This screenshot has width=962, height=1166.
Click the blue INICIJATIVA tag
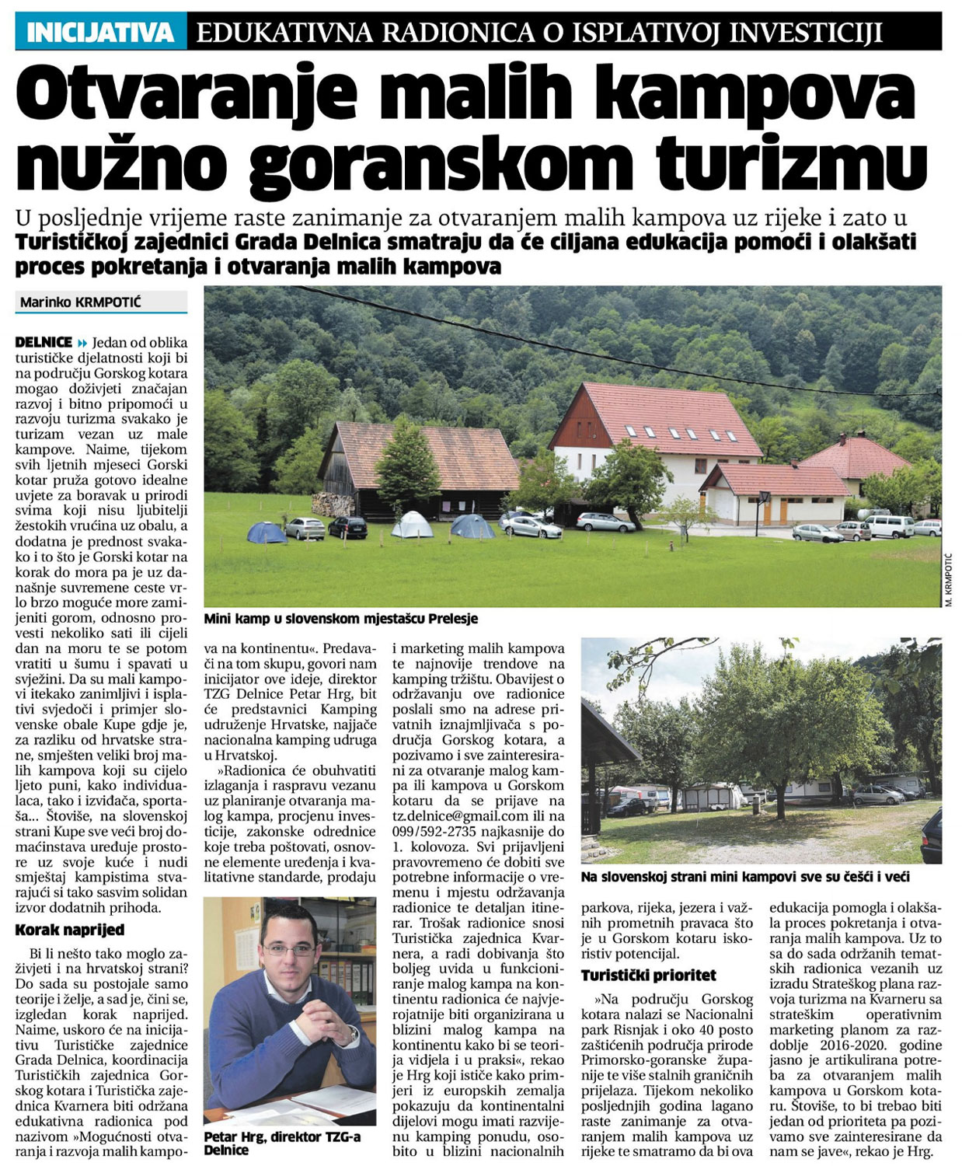pyautogui.click(x=100, y=33)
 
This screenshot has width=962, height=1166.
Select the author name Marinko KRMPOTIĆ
pyautogui.click(x=81, y=302)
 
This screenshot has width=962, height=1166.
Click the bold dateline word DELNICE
pyautogui.click(x=44, y=342)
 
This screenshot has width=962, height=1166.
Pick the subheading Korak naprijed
pyautogui.click(x=70, y=930)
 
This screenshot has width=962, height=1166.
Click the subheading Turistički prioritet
pyautogui.click(x=649, y=975)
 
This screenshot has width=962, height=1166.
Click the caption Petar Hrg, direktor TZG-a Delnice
pyautogui.click(x=272, y=1143)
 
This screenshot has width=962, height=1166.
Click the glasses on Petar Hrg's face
pyautogui.click(x=288, y=949)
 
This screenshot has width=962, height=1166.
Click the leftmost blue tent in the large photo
pyautogui.click(x=266, y=532)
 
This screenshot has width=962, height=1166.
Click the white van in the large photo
pyautogui.click(x=889, y=526)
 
